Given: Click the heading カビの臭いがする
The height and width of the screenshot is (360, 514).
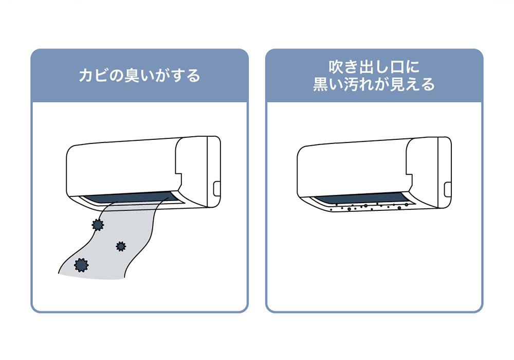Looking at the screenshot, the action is click(139, 76).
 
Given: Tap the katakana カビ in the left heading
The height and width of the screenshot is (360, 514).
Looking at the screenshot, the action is click(94, 76).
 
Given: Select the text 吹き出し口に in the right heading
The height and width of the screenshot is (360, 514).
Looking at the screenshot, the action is click(374, 67).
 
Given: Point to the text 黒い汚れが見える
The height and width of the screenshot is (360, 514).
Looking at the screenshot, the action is click(374, 84).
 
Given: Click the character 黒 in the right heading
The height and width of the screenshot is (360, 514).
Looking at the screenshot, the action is click(321, 84).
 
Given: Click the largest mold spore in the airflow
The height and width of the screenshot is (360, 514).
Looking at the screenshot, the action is click(81, 265).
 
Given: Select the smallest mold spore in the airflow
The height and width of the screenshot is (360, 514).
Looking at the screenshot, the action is click(121, 246).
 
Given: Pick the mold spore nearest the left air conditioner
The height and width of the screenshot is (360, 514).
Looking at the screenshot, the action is click(98, 225).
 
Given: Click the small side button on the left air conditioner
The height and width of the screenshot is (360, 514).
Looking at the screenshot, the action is click(217, 189).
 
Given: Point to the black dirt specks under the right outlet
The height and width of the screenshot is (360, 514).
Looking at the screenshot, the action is click(369, 207).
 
